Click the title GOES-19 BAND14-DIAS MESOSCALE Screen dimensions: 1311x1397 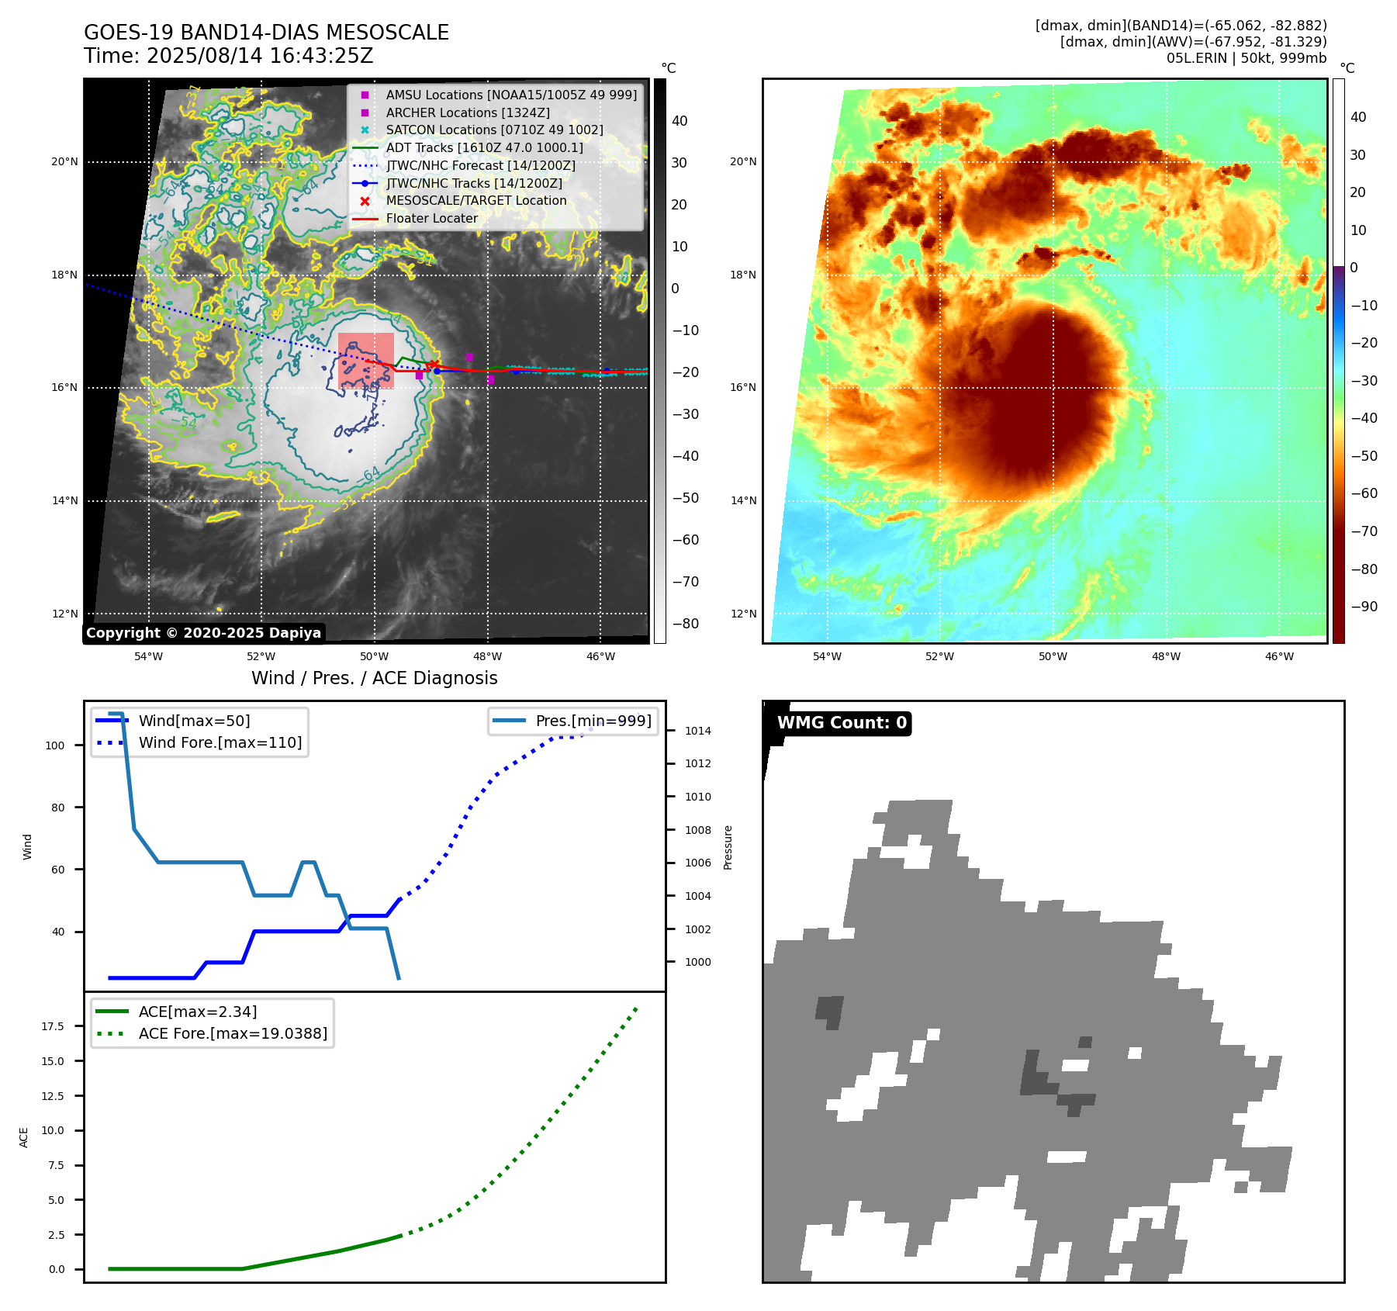(x=266, y=33)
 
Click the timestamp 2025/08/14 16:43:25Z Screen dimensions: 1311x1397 (x=260, y=56)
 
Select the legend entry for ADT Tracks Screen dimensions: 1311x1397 (x=484, y=147)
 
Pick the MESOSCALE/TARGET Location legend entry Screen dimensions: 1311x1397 (x=476, y=200)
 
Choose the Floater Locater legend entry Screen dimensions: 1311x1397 (x=431, y=218)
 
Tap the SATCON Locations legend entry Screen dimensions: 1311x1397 (x=494, y=130)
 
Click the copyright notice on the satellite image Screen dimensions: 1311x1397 (x=203, y=632)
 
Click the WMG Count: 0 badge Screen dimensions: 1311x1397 (x=842, y=723)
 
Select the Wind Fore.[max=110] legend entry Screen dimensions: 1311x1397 (x=220, y=742)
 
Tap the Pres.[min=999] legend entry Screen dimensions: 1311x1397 (x=593, y=721)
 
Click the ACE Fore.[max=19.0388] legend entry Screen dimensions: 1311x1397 (x=233, y=1033)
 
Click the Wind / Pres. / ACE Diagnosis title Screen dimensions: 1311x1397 (x=374, y=678)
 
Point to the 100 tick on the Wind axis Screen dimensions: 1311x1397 (x=55, y=745)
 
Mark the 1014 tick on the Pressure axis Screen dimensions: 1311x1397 (x=697, y=731)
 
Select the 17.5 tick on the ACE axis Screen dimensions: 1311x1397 (x=53, y=1026)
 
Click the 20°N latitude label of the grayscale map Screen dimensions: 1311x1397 (x=65, y=162)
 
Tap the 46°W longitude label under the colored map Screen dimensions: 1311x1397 (x=1279, y=656)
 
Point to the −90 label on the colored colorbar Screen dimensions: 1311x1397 (x=1364, y=606)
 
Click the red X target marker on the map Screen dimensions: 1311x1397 (x=434, y=365)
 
